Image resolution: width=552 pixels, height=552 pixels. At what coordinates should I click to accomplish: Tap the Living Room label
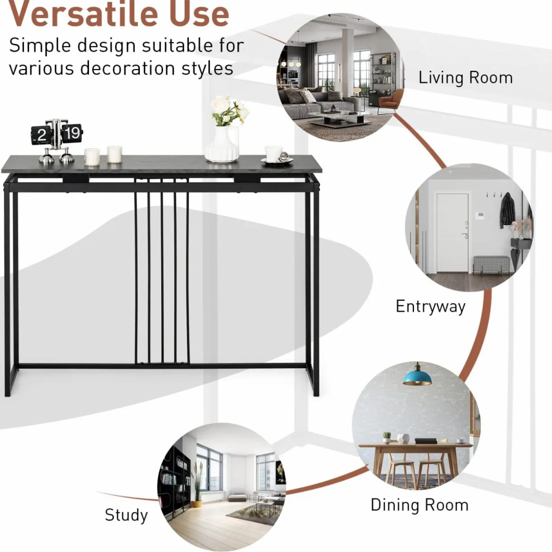(466, 78)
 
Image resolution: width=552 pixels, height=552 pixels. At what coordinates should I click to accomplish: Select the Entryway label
(430, 307)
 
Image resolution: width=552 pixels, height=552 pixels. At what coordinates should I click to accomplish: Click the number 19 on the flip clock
(72, 133)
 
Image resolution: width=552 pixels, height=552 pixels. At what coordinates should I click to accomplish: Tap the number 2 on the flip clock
(41, 134)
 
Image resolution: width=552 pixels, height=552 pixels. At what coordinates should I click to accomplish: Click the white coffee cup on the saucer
(274, 153)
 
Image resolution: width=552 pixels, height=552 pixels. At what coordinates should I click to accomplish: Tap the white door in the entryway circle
(452, 233)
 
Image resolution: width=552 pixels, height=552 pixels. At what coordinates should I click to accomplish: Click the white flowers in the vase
(229, 110)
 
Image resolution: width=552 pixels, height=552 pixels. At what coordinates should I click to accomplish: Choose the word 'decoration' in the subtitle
(128, 69)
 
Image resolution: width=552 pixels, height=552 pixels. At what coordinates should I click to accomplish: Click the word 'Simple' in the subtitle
(40, 46)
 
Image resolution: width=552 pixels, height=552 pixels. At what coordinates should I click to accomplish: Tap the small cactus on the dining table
(387, 438)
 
